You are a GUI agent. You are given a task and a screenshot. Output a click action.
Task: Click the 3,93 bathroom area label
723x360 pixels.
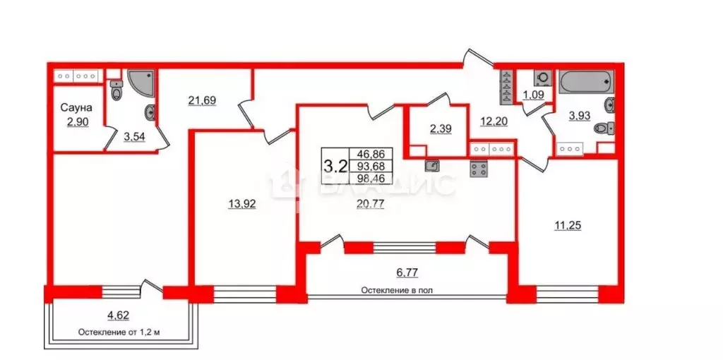pos(582,118)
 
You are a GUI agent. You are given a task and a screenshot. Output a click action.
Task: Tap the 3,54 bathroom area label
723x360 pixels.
pos(136,137)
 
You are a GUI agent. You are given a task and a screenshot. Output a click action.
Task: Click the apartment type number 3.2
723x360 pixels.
pos(335,167)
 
